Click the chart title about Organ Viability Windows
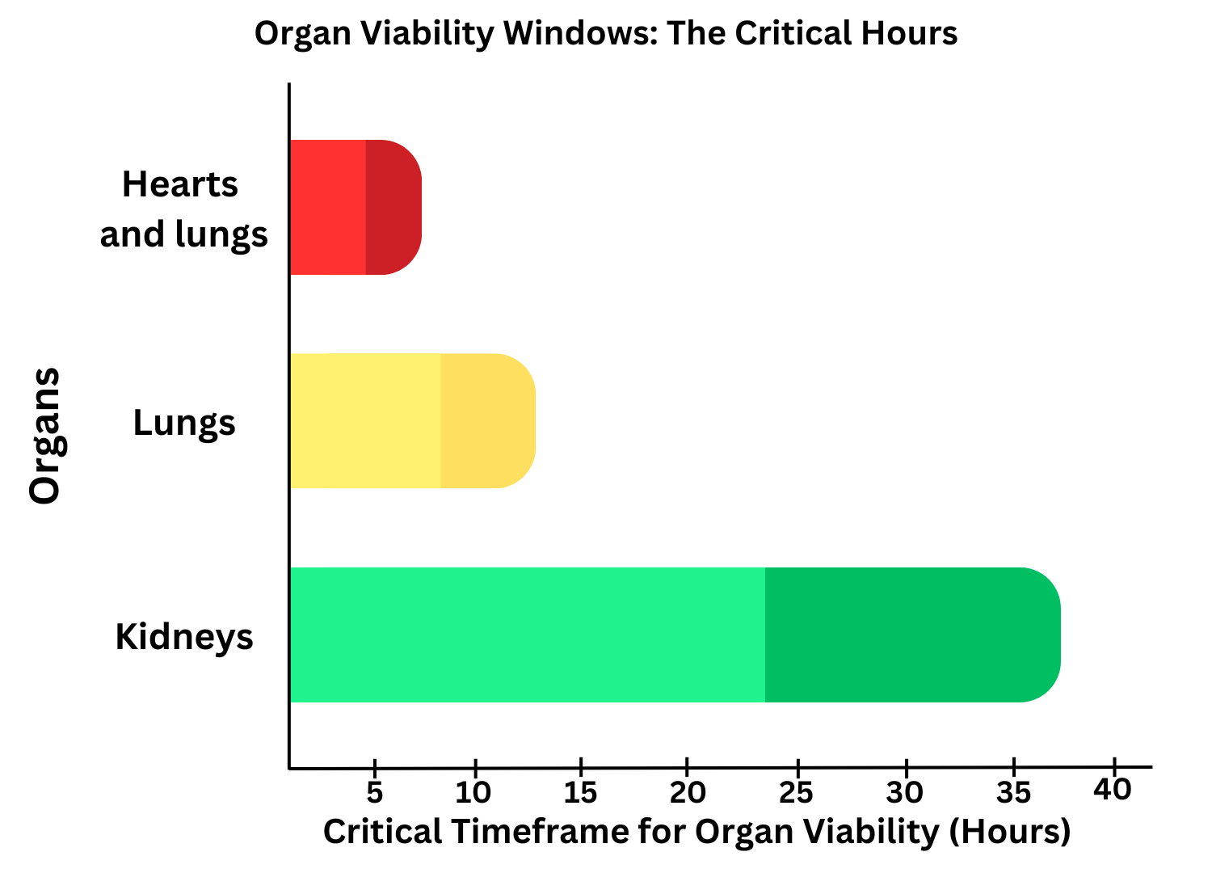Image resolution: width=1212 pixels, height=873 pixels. pos(606,34)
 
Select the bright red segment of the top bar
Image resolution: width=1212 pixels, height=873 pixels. pos(327,207)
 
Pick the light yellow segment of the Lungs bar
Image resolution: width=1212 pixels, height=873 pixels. pos(364,420)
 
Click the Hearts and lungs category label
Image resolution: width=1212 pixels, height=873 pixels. pos(183,209)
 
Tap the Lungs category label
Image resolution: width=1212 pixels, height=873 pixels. pos(184,423)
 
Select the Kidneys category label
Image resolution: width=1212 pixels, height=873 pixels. pos(184,637)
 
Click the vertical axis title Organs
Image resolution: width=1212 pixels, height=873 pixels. pos(45,436)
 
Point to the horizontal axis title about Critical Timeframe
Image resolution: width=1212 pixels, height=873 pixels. pos(696,832)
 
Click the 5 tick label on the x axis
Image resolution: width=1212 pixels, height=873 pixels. pos(374,793)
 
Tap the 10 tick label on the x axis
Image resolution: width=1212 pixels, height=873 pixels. pos(473,793)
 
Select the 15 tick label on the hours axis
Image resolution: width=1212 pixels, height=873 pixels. pos(580,793)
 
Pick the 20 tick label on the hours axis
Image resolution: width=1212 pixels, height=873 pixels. pos(688,793)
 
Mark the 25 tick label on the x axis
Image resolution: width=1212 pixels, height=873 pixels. pos(797,793)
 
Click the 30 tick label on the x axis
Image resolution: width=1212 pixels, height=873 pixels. pos(905,793)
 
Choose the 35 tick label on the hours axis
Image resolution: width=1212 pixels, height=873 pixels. pos(1013,793)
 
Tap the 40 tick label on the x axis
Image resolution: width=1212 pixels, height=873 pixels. pos(1113,790)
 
